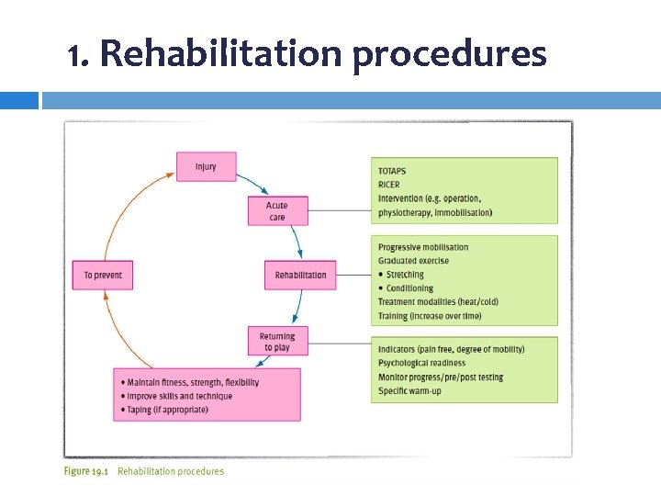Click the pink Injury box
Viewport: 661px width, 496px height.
207,166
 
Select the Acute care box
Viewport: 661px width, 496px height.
277,211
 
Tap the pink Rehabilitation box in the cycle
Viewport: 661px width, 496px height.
300,275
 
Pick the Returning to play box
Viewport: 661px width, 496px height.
277,342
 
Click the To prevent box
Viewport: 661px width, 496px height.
103,275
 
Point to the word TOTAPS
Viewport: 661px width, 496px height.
392,171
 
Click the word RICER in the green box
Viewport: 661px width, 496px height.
389,185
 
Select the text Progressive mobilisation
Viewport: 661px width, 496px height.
423,247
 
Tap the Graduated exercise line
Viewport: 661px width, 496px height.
414,261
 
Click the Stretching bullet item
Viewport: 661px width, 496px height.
405,275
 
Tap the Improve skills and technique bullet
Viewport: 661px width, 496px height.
179,396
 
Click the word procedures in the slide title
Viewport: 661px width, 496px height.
449,56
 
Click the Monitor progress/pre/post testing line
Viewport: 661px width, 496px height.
441,378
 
